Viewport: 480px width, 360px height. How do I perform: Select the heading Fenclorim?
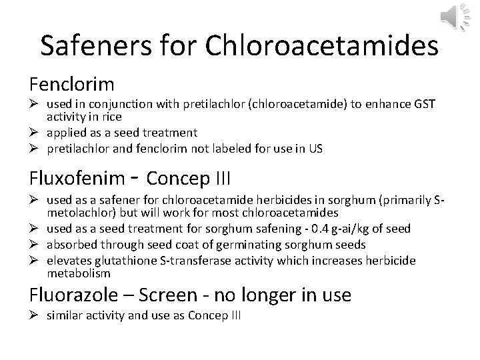click(72, 85)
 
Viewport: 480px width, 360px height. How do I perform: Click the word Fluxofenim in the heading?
click(77, 179)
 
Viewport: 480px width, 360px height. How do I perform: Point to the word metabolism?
click(77, 274)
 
